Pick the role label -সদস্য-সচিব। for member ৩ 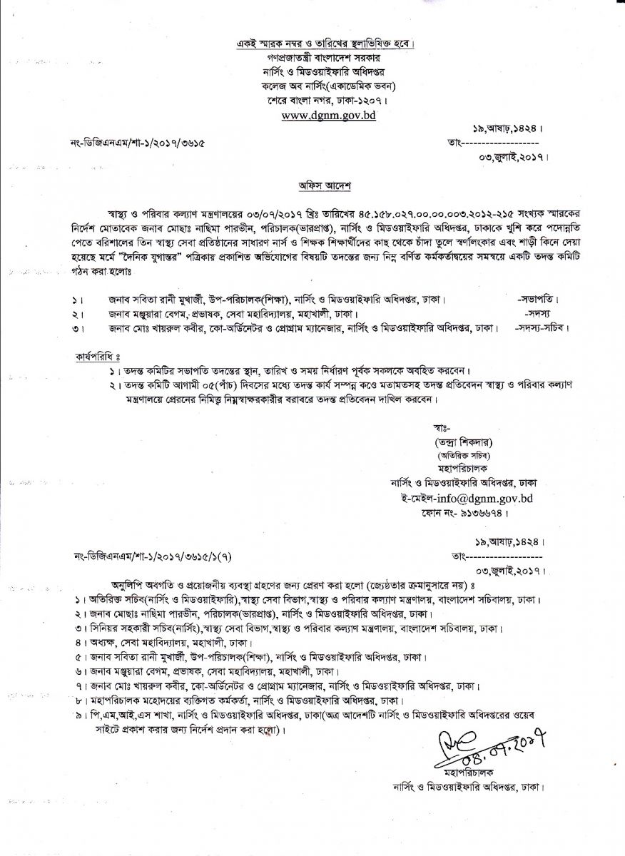click(x=542, y=330)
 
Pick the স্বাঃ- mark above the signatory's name click(x=440, y=428)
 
